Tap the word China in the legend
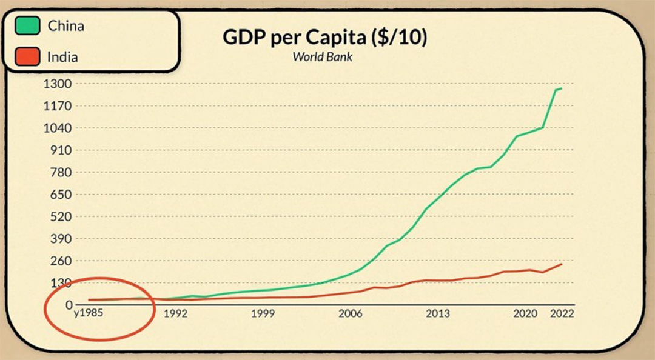(65, 26)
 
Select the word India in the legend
(62, 58)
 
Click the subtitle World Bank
(323, 57)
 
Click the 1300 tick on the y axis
(58, 84)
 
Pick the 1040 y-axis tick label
(58, 128)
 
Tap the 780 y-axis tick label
(62, 172)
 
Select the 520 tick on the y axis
(62, 216)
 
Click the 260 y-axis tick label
(62, 261)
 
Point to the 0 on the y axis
(69, 305)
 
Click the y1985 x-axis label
(89, 314)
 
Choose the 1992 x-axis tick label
(175, 314)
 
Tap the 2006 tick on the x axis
(351, 314)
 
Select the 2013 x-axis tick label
(438, 314)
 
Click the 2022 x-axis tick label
(562, 314)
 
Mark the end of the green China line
(562, 88)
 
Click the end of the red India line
(562, 264)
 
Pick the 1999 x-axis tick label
(263, 314)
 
